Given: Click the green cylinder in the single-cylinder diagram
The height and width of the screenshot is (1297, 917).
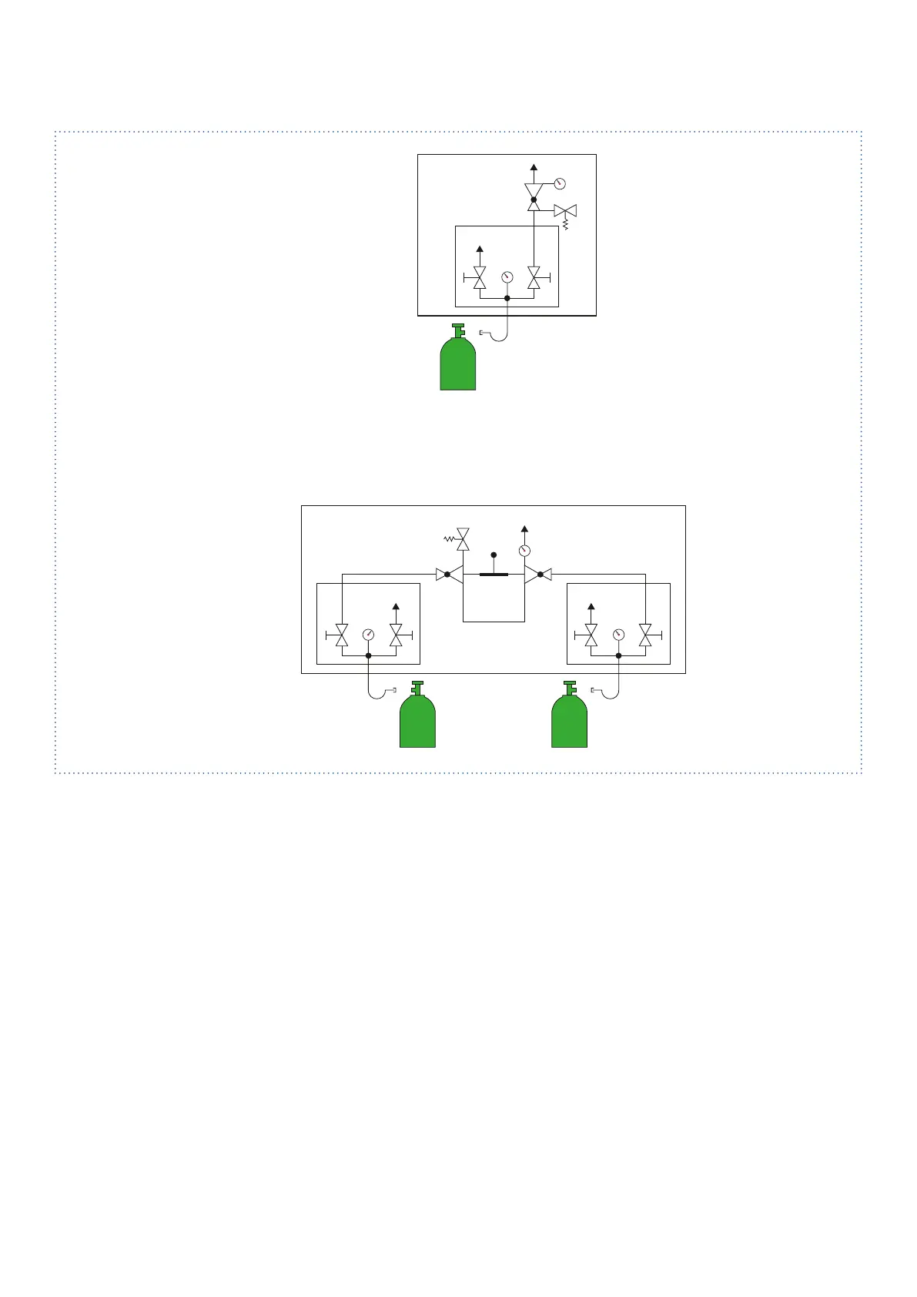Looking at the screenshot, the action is [457, 364].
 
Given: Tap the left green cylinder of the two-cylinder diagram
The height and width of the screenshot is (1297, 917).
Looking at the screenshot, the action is [417, 722].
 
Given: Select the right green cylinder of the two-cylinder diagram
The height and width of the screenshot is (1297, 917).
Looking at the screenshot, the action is [570, 722].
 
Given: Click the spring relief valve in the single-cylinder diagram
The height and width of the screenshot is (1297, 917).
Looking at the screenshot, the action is [566, 211].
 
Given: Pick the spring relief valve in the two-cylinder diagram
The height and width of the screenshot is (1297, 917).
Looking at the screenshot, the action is [463, 539].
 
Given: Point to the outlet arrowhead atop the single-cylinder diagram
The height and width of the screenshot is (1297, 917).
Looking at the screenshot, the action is [534, 167].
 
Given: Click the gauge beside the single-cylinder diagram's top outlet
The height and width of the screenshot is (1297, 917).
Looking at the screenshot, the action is [560, 183].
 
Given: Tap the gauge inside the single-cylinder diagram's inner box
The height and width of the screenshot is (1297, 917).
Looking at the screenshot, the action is [507, 276].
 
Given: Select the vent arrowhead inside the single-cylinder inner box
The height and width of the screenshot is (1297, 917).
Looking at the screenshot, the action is [480, 249].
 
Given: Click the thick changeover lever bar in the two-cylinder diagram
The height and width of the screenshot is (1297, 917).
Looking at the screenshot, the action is [494, 575].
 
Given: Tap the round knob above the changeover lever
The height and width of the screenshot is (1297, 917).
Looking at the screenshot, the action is [494, 555].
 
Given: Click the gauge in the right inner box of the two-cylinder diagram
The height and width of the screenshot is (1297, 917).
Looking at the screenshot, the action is [618, 635].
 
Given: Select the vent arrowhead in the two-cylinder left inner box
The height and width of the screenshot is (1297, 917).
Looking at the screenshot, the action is [396, 607].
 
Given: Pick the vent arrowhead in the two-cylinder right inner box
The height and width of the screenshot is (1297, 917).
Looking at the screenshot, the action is [591, 607].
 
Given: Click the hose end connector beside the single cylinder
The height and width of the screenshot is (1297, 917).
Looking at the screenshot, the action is [483, 333].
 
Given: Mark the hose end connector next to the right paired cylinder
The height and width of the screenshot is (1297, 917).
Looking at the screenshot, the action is [594, 689].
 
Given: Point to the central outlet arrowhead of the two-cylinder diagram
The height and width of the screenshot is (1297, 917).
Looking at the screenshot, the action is [524, 529].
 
